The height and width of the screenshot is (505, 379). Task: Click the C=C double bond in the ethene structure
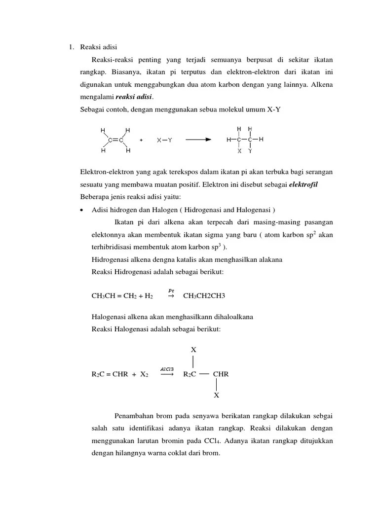[115, 140]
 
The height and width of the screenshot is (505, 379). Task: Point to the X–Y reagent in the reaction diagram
[165, 140]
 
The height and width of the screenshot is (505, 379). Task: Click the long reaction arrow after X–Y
[202, 140]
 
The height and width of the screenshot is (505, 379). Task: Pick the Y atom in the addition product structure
[250, 151]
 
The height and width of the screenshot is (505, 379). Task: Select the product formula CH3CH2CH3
[204, 296]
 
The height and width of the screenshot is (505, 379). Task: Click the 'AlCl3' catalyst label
[167, 368]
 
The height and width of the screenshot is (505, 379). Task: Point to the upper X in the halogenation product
[193, 350]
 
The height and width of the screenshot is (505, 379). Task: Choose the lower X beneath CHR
[217, 396]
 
